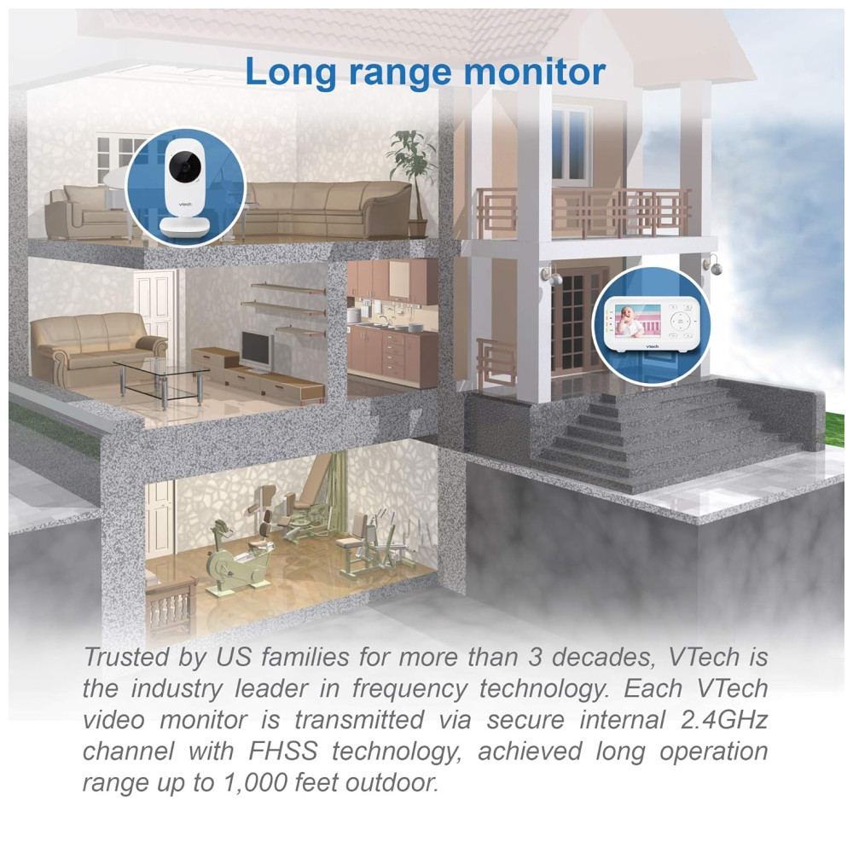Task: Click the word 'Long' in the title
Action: (292, 73)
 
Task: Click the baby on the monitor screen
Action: (632, 321)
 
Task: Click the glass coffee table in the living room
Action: (161, 382)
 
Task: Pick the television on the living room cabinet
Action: (256, 351)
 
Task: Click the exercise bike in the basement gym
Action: (238, 559)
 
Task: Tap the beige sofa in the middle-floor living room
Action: (97, 348)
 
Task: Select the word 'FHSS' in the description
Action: (282, 751)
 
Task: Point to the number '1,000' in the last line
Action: (255, 783)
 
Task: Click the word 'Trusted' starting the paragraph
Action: (126, 657)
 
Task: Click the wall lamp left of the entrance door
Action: (551, 276)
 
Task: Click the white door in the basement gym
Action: (159, 519)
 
